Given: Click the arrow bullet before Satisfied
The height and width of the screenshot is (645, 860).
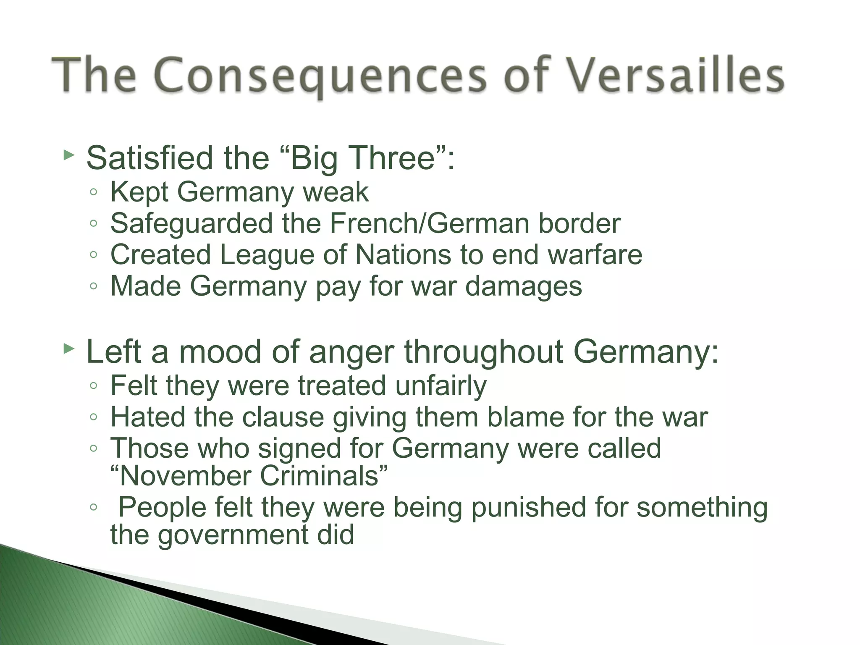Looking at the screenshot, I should pos(68,156).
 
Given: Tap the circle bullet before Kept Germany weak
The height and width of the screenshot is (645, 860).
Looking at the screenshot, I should pos(94,193).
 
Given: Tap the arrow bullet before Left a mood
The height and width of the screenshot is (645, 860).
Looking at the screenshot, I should pos(68,349).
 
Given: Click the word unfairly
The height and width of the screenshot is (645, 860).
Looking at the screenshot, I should pos(440,385).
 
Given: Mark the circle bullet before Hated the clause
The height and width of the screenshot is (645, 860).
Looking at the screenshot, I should pos(94,417).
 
